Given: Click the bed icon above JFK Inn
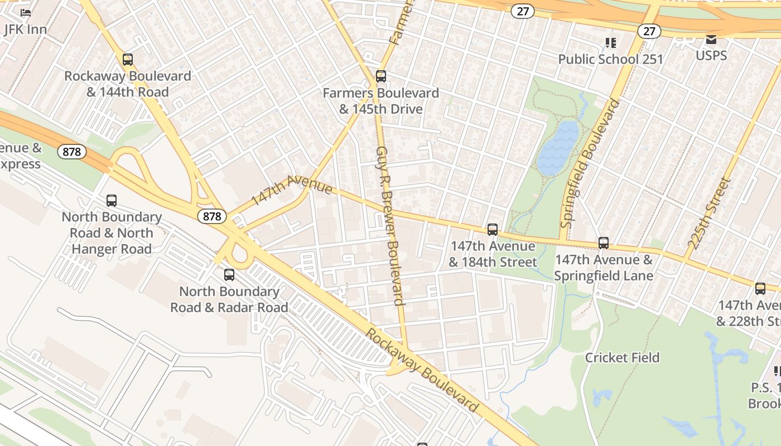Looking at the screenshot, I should pos(26,12).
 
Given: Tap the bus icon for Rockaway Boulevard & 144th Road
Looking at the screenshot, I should pos(128,60).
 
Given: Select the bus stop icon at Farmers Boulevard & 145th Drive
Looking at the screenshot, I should pos(381,76).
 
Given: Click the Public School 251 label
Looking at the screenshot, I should pos(610,59).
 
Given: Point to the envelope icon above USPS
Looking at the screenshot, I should pos(711,40).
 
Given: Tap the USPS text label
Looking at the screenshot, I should pos(711,55).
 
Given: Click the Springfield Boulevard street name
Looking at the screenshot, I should pos(590,163).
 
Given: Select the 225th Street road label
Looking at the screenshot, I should pos(709,212).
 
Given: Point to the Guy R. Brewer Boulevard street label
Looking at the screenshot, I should pos(390,226).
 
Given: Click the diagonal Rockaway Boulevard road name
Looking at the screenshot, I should pos(422,370).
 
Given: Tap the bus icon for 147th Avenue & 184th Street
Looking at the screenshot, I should pos(492,230).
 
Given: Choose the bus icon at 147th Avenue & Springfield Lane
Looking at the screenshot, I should pos(604,243).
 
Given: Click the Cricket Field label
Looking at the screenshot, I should pos(622,357).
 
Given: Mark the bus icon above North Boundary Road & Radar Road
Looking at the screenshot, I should pos(229,275).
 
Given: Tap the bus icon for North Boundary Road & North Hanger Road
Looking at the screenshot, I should pos(112,201).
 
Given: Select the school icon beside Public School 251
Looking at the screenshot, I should pos(611,43).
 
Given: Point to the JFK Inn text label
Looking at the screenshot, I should pos(25,29).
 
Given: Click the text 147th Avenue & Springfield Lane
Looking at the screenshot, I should pos(603,268).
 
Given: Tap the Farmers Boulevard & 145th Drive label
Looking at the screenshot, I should pos(381,101).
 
